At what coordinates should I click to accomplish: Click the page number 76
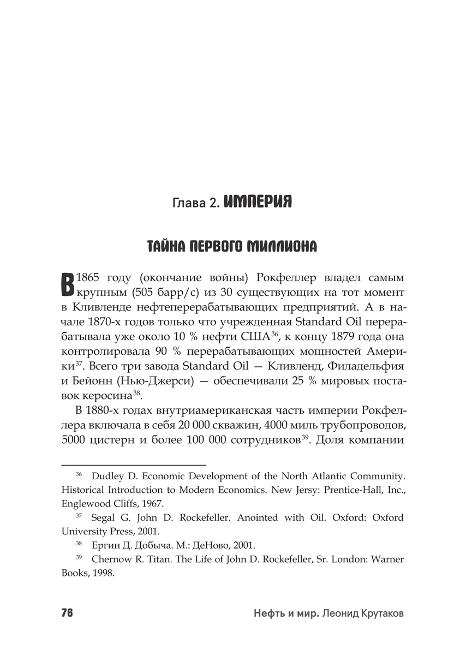[x=67, y=612]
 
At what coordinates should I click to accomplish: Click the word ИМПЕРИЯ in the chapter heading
[x=258, y=202]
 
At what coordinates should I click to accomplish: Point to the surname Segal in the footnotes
[x=104, y=517]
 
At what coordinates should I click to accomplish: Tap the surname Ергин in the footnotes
[x=106, y=545]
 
